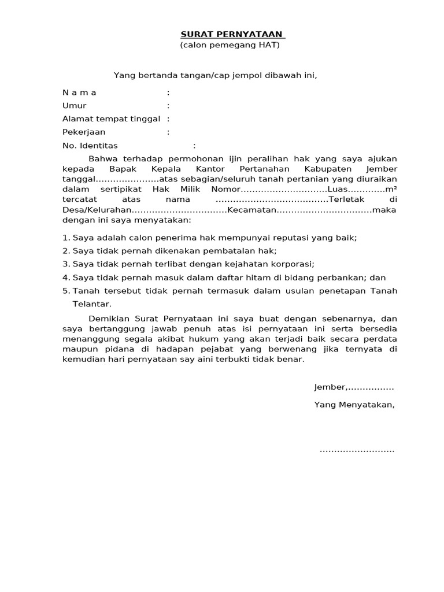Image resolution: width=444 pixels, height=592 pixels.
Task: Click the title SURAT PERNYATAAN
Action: [x=230, y=34]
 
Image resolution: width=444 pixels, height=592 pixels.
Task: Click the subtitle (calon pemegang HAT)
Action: [x=230, y=45]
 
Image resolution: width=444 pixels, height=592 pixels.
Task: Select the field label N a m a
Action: [x=79, y=92]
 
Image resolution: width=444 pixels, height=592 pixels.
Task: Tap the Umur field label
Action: [x=74, y=106]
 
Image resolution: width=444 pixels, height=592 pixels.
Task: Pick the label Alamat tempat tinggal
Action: [x=111, y=119]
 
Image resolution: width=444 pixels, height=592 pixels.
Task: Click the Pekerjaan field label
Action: [x=84, y=132]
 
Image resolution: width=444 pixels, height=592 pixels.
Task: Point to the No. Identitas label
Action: [x=90, y=146]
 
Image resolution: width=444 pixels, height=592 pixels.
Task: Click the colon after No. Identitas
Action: [x=194, y=146]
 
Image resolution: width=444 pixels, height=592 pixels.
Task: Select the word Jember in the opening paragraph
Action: [x=382, y=169]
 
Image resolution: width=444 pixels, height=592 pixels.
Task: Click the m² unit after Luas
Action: [x=391, y=189]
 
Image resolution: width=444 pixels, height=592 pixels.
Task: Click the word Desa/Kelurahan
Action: [x=98, y=210]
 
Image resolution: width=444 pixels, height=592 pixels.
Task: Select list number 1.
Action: [x=65, y=238]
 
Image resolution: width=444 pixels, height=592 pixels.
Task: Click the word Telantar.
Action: [x=91, y=304]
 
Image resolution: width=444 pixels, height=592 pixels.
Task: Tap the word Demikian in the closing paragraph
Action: [x=110, y=319]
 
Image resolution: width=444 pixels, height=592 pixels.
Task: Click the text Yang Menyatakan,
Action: [x=354, y=405]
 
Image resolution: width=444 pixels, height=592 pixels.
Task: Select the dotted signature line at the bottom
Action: [x=357, y=450]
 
